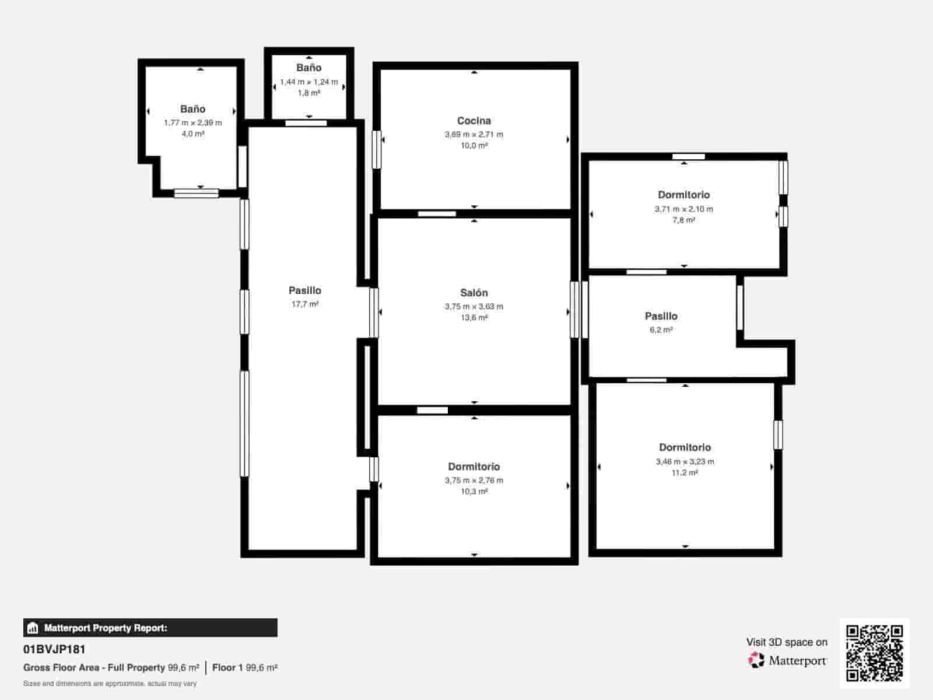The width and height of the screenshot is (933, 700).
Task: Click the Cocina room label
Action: [473, 121]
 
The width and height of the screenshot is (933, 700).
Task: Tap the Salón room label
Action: [473, 293]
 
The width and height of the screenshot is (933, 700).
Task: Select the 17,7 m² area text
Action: [304, 304]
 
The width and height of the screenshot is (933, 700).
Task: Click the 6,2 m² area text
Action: [661, 330]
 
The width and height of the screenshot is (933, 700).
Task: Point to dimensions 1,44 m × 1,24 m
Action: [308, 82]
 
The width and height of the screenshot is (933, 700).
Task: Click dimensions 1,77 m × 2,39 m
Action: [192, 123]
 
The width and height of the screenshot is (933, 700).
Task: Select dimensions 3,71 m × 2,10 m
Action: [683, 209]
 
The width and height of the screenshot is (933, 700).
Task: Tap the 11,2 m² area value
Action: [684, 473]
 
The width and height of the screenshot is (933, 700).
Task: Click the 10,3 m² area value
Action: [473, 491]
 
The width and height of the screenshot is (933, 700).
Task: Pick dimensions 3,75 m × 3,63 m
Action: [473, 306]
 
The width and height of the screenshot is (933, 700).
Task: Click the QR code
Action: [874, 653]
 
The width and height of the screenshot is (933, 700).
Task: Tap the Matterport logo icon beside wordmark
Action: [756, 660]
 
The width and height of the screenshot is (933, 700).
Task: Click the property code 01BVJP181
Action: [54, 649]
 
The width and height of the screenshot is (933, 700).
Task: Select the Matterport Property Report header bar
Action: [150, 628]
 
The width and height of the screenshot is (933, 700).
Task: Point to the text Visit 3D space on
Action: [786, 642]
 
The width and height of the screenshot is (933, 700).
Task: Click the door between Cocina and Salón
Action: [437, 213]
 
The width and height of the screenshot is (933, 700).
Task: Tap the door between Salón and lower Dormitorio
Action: [432, 410]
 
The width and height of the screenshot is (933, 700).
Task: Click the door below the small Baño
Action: [306, 123]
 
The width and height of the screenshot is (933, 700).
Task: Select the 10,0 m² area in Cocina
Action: [473, 145]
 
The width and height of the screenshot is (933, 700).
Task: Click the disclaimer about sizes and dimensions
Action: [110, 683]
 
